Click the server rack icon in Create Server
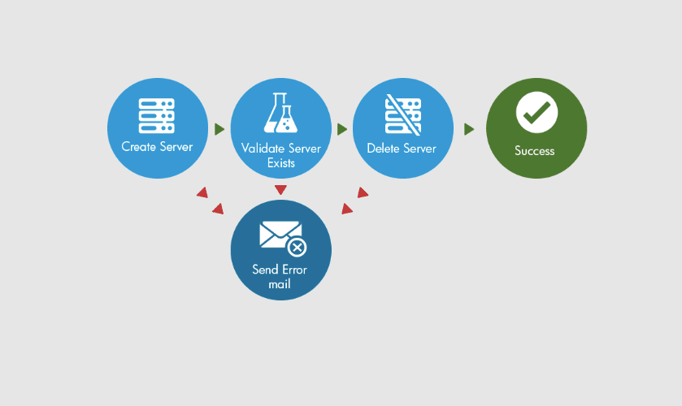pos(157,116)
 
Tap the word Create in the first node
pos(138,147)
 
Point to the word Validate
pos(258,149)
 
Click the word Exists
pos(280,163)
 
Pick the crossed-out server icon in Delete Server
pos(402,114)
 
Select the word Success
pos(535,151)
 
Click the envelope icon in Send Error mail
pos(280,235)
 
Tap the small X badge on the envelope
pos(298,248)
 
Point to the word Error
pos(295,270)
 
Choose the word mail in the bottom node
pos(280,285)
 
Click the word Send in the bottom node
pos(265,270)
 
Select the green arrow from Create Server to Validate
pos(219,129)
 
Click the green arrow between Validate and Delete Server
pos(342,129)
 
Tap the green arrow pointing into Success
pos(469,129)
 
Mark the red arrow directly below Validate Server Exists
pos(280,190)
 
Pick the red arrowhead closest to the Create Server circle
pos(202,193)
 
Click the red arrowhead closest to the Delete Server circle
pos(363,193)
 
